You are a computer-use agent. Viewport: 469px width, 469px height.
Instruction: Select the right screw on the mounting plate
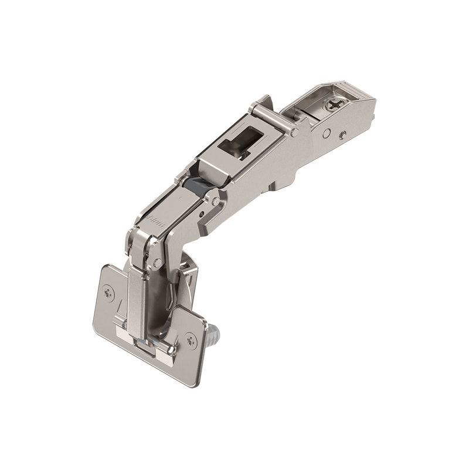pos(191,338)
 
